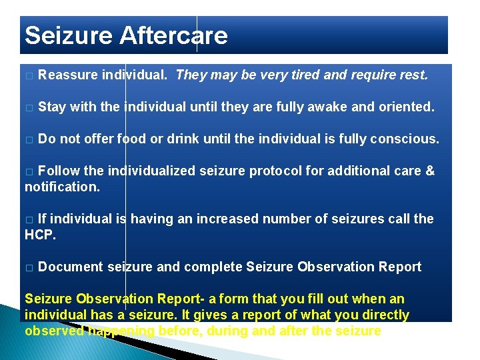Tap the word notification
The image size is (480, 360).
point(61,187)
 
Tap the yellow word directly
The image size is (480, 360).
point(385,315)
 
